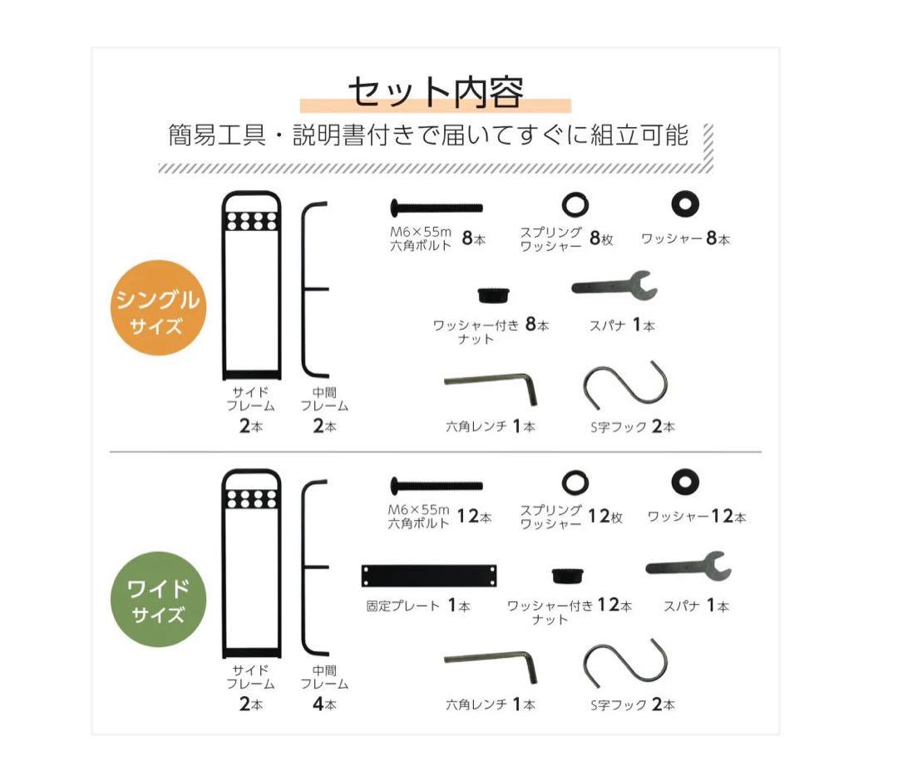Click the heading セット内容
click(435, 93)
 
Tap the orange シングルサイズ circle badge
click(158, 309)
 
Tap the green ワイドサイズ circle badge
click(158, 600)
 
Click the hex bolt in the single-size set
click(436, 205)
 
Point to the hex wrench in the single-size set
click(491, 385)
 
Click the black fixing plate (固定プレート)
click(430, 575)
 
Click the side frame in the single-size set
click(251, 286)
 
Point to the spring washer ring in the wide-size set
click(575, 481)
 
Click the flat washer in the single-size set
click(686, 204)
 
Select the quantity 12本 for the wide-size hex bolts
click(474, 517)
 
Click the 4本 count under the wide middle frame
click(324, 704)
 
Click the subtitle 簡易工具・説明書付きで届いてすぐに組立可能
click(428, 135)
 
